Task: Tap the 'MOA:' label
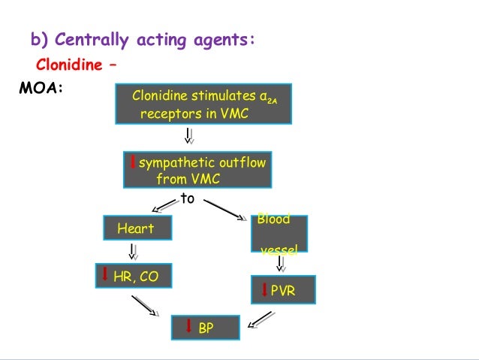point(40,89)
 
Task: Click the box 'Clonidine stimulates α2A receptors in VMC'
point(203,104)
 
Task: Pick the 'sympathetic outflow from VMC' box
point(197,171)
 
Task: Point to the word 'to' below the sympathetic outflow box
point(187,198)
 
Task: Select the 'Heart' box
point(137,228)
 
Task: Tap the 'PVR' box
point(283,289)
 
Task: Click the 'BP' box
point(205,328)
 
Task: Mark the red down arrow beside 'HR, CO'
point(105,275)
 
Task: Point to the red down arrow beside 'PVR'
point(264,289)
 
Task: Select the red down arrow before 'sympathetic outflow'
point(132,162)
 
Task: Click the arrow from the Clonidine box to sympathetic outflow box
point(188,135)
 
